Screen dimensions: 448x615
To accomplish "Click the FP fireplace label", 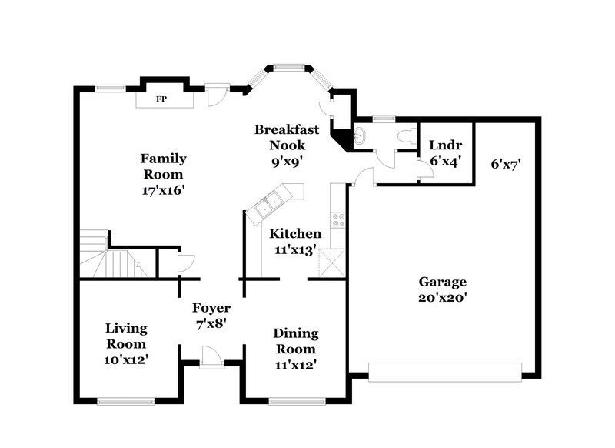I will click(162, 99).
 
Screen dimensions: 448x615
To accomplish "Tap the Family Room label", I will click(163, 173).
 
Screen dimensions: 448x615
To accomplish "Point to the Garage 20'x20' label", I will click(442, 288).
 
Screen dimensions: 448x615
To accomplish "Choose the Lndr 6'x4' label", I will click(444, 151).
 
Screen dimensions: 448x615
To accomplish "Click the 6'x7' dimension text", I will click(506, 163).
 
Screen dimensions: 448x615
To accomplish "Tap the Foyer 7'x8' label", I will click(211, 316).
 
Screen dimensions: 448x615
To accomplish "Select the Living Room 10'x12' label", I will click(126, 343).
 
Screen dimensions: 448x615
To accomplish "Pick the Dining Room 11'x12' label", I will click(296, 348).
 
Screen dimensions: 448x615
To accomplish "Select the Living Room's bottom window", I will click(125, 400).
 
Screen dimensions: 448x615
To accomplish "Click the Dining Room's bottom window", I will click(295, 400).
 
